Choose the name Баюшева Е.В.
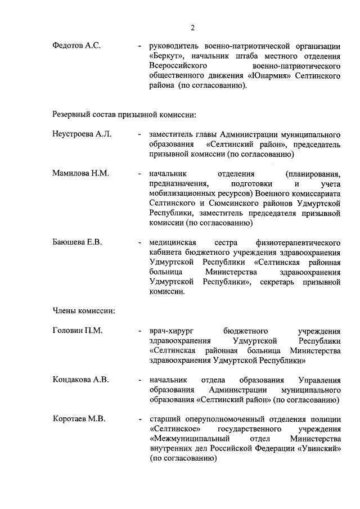point(76,242)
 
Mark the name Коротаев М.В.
point(79,419)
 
